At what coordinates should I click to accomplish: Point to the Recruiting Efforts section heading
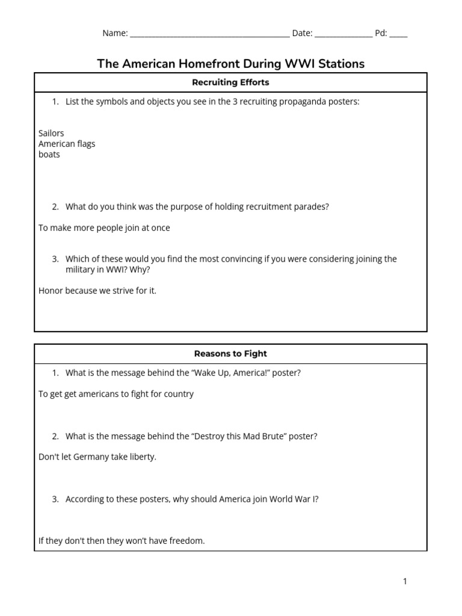[x=230, y=82]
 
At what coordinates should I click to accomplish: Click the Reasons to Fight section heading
[x=230, y=354]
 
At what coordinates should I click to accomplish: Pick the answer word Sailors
[x=51, y=133]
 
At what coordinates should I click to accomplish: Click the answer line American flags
[x=67, y=144]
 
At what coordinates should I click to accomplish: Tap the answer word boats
[x=49, y=155]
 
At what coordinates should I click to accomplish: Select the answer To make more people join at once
[x=104, y=228]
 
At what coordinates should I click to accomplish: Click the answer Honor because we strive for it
[x=97, y=291]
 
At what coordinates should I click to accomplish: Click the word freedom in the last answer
[x=186, y=541]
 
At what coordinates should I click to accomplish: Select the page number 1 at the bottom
[x=405, y=581]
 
